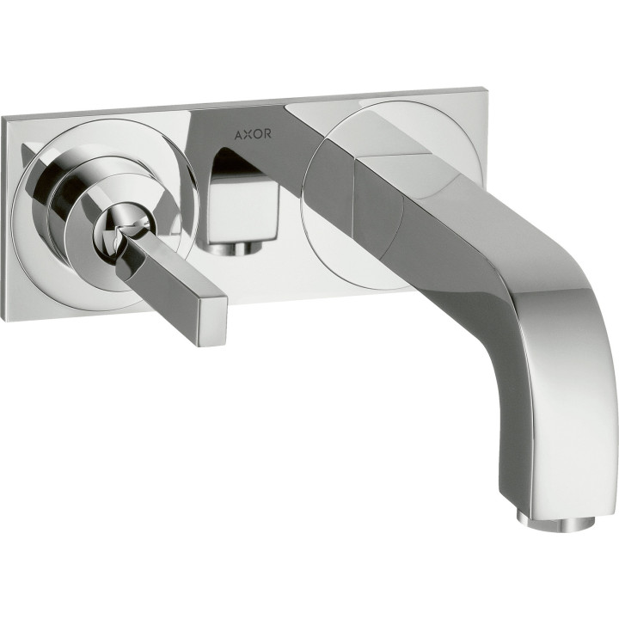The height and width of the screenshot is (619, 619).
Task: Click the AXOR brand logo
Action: click(253, 134)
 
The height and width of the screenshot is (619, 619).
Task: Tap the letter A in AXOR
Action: click(239, 135)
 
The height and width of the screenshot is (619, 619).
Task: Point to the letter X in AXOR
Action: click(248, 135)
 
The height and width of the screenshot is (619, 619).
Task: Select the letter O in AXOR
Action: click(258, 134)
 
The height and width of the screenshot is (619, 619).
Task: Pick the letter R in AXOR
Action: click(267, 134)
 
